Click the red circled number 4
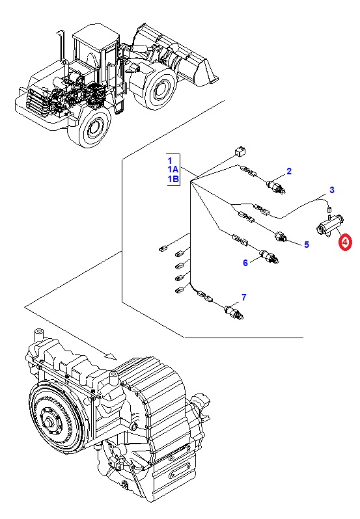click(345, 242)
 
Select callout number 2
click(289, 171)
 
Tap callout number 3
click(332, 190)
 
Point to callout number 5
click(307, 245)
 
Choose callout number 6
click(245, 263)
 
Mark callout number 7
click(244, 297)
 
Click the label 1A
click(173, 170)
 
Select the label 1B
click(173, 179)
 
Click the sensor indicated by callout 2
click(276, 187)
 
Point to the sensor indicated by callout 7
click(234, 312)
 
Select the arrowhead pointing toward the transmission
click(111, 356)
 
